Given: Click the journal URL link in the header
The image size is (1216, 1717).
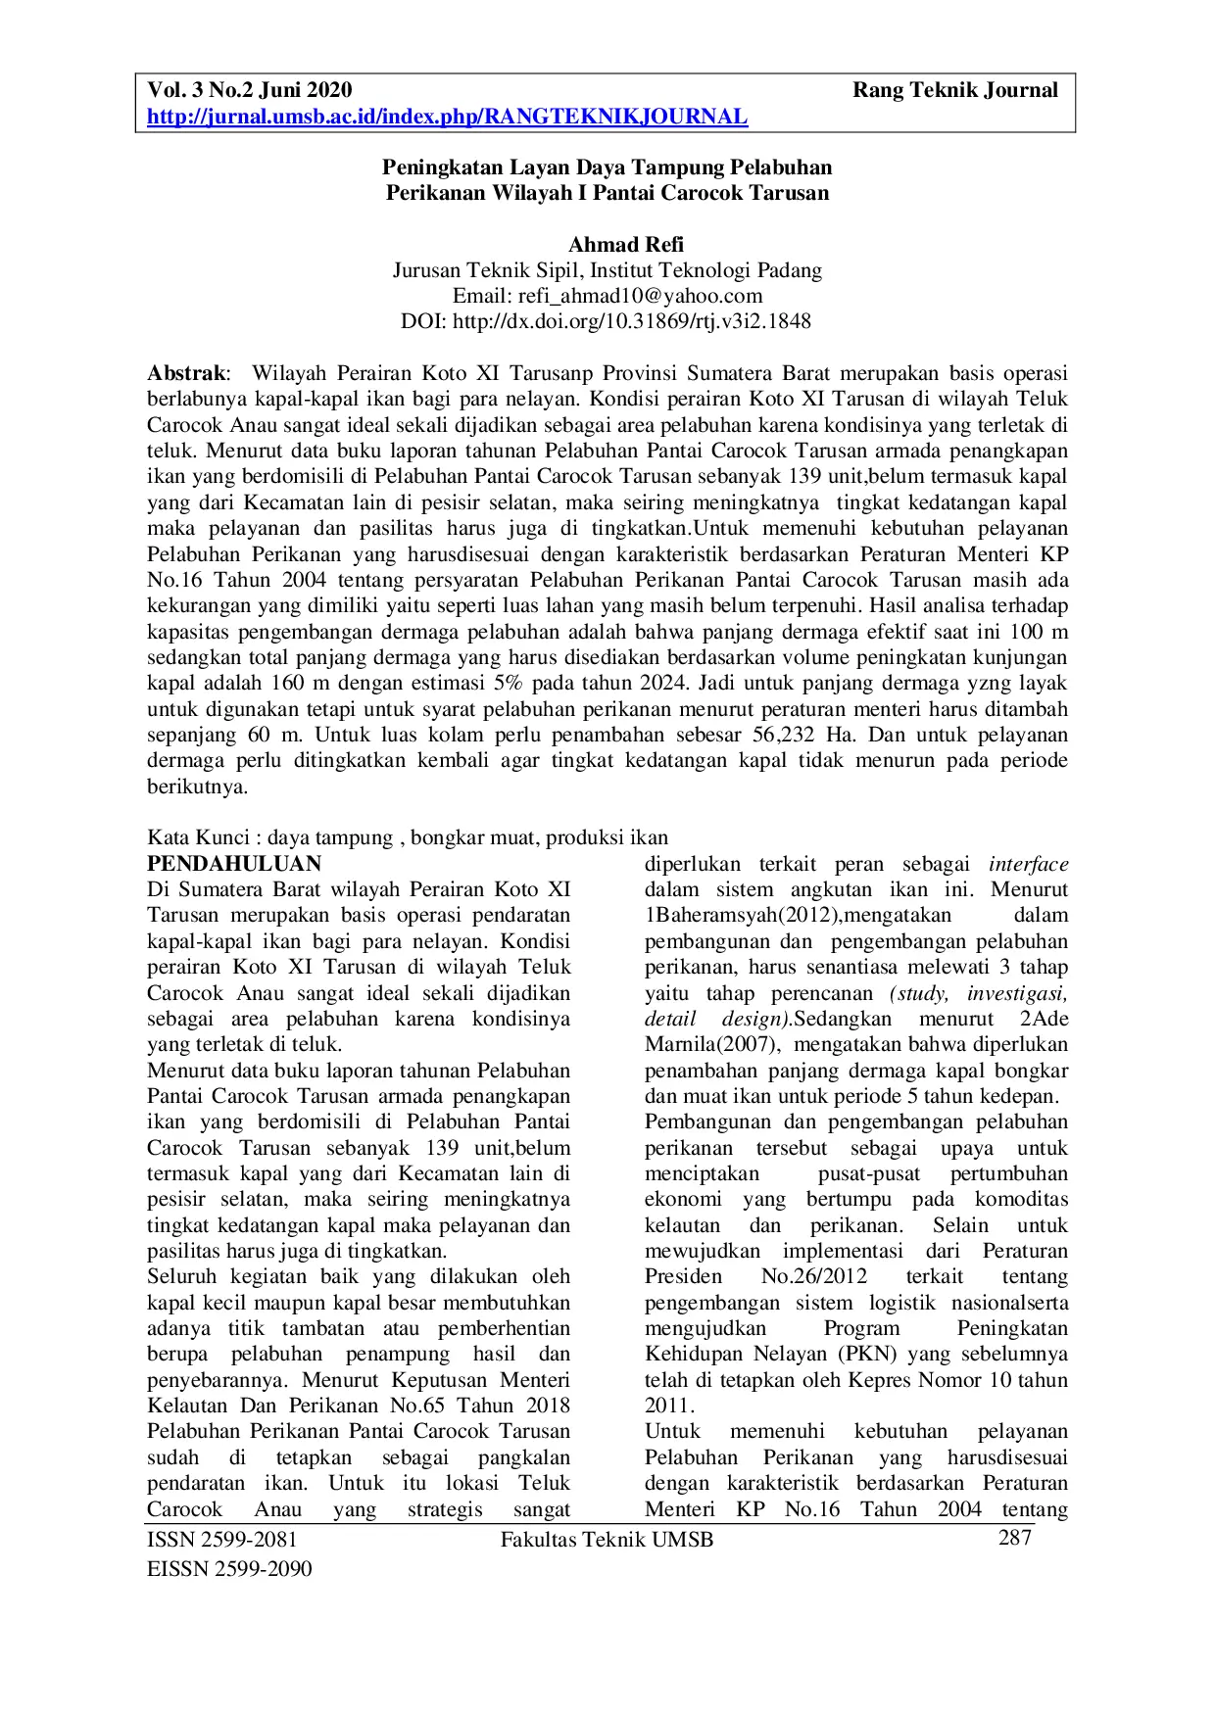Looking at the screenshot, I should coord(447,118).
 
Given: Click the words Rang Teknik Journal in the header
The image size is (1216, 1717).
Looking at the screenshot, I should coord(954,91).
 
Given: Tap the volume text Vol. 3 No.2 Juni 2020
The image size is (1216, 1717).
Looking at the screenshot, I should coord(249,91).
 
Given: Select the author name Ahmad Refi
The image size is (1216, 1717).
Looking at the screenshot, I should coord(626,245).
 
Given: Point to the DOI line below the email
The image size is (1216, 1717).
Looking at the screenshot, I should coord(607,321).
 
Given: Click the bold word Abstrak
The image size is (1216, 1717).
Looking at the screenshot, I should coord(186,373).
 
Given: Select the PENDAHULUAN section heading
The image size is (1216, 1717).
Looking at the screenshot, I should coord(234,864).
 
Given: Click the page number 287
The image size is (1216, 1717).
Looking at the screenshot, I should coord(1014,1538).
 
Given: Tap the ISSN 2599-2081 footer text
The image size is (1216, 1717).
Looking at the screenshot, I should coord(221,1540).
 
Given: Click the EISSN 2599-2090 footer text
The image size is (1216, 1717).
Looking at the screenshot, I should coord(229,1569).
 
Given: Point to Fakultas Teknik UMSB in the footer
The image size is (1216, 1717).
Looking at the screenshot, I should coord(607,1540).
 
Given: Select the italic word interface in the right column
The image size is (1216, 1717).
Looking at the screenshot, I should coord(1028,864).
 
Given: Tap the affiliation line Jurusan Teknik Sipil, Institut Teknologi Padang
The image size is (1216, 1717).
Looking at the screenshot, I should coord(607,270).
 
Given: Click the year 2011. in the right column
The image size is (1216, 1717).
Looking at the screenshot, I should coord(669,1406).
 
